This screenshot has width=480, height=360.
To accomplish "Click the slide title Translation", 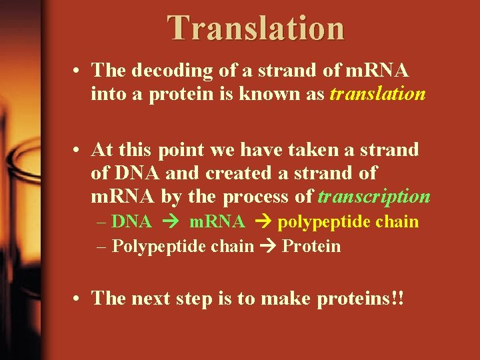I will point(256,28).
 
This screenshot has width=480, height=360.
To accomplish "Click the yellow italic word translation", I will point(377,94).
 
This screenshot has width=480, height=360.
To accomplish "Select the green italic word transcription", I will point(374,197).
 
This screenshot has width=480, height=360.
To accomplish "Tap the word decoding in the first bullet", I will point(163,70).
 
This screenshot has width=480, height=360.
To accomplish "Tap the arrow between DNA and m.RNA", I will point(169,222).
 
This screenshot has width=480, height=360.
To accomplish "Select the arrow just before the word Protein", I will point(269,247).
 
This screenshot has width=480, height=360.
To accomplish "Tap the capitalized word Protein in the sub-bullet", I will point(311,247).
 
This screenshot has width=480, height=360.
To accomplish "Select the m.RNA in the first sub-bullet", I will point(217,222).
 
